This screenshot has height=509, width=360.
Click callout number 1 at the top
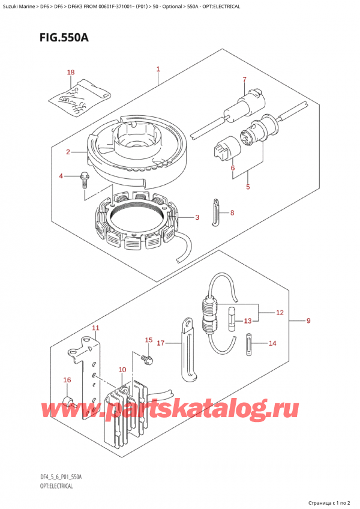158,70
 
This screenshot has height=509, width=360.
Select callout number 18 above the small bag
71,73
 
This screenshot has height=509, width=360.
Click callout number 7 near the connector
244,79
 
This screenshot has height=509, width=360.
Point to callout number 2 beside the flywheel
69,152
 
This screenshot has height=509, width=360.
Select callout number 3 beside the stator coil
196,217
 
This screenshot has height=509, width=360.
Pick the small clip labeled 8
215,212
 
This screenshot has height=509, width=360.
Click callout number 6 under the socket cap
232,169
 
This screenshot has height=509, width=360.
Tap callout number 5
247,187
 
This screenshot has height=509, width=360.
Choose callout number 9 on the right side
308,321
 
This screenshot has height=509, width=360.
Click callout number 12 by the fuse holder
279,313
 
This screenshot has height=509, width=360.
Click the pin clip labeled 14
250,345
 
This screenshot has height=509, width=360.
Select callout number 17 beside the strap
160,343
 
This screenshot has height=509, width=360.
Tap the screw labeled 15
146,358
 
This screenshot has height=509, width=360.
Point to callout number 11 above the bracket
95,328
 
